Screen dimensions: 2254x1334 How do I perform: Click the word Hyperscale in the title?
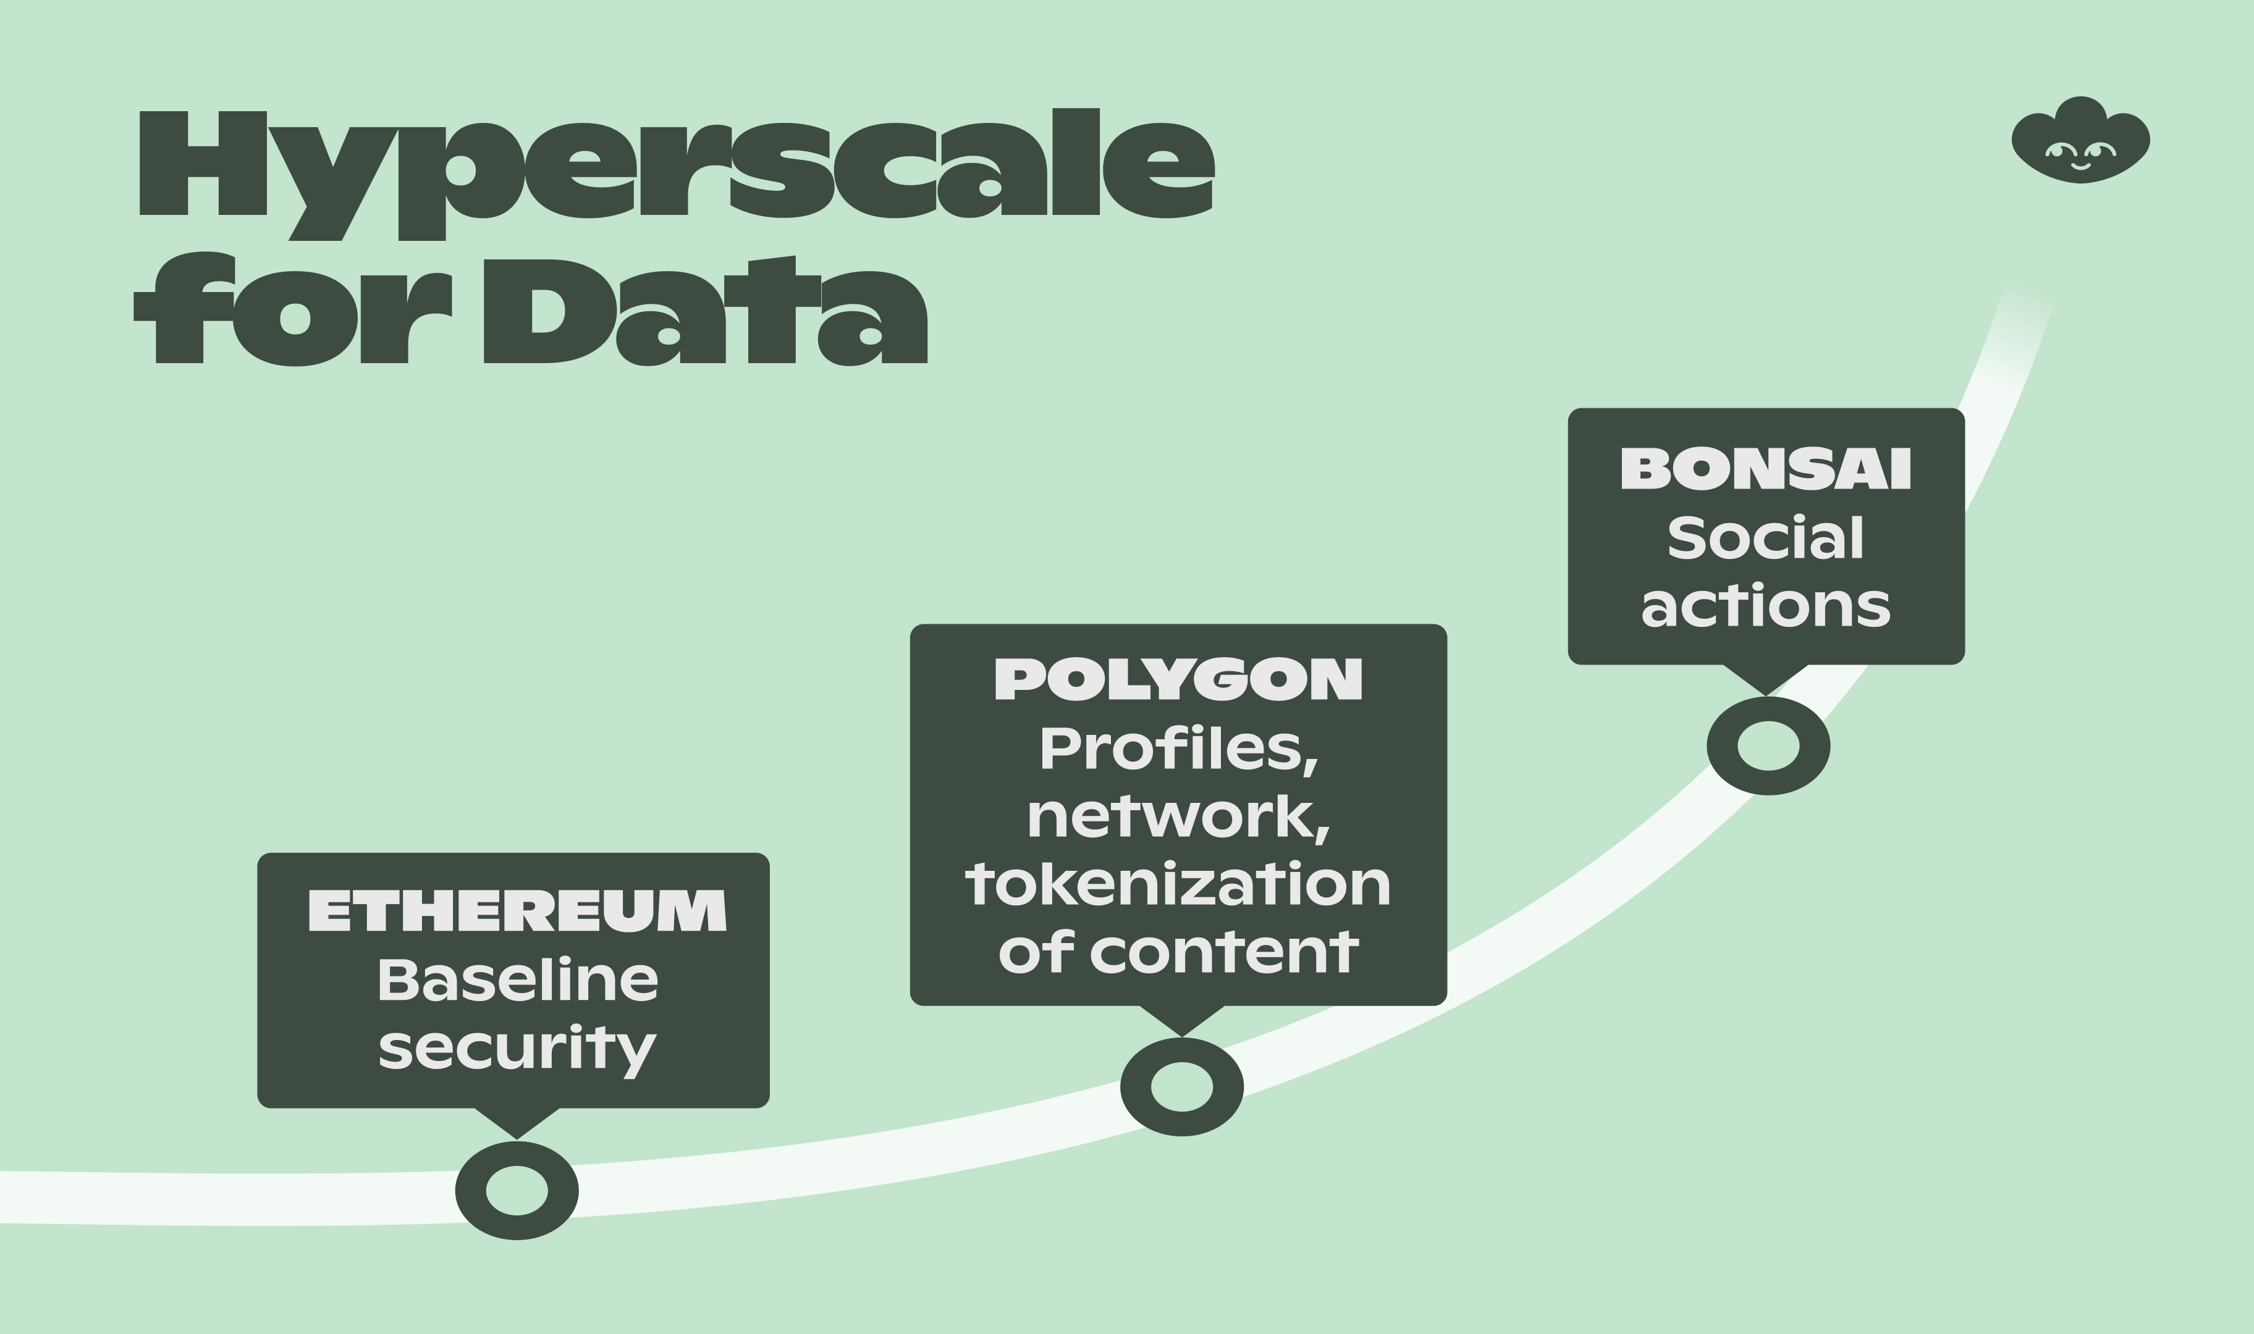pyautogui.click(x=676, y=171)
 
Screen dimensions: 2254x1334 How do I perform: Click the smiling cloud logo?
pyautogui.click(x=2080, y=141)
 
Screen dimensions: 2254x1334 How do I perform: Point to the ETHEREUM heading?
pyautogui.click(x=517, y=910)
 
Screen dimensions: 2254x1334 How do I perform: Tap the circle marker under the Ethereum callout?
pyautogui.click(x=517, y=1191)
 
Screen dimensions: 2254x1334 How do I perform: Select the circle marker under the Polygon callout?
pyautogui.click(x=1181, y=1087)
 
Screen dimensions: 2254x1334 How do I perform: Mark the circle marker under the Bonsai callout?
pyautogui.click(x=1768, y=746)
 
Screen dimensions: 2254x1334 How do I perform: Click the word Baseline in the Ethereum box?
pyautogui.click(x=517, y=980)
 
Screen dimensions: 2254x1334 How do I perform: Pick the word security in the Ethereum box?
pyautogui.click(x=517, y=1050)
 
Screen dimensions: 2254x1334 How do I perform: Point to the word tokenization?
pyautogui.click(x=1178, y=886)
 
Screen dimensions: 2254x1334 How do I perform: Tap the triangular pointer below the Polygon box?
pyautogui.click(x=1181, y=1018)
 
